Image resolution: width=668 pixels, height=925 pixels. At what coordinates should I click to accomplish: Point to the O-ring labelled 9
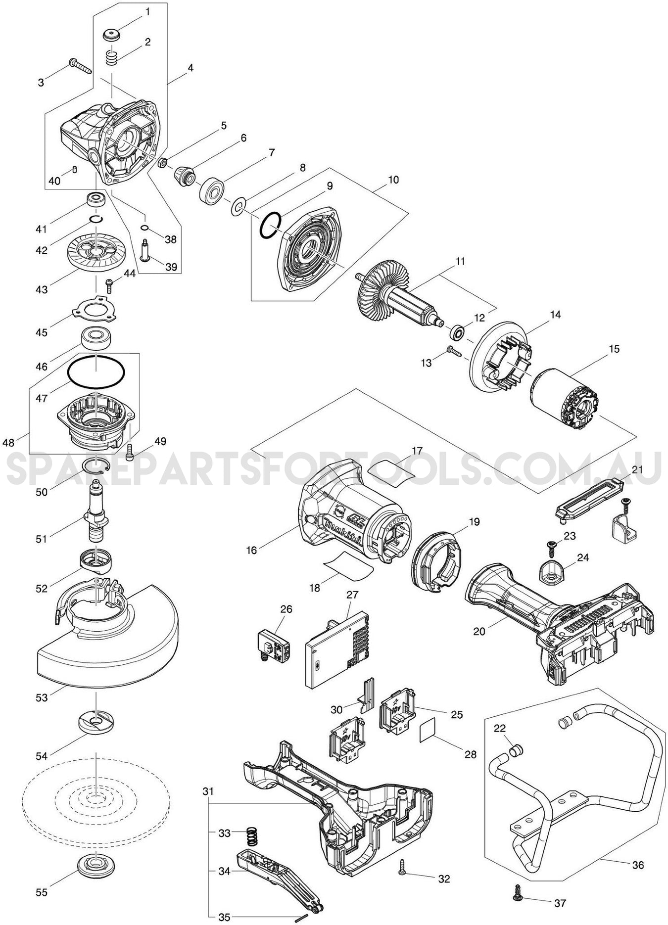point(270,225)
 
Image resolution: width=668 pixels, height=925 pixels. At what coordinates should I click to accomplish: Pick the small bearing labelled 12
point(457,331)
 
